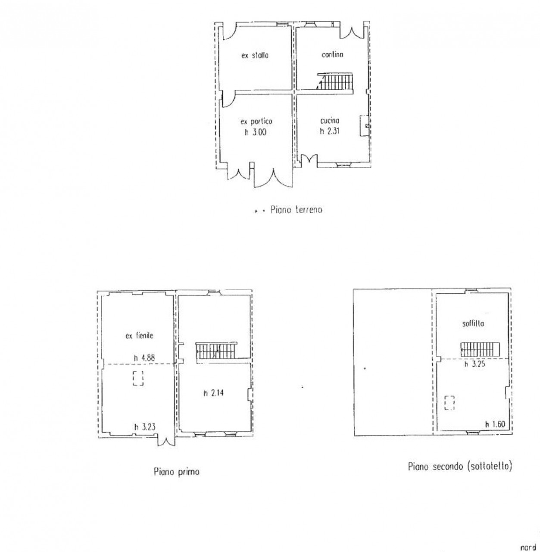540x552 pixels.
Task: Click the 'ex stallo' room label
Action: point(255,55)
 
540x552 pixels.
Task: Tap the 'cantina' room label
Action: point(332,54)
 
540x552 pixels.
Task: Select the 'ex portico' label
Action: point(256,122)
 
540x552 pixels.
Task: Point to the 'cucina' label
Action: point(330,121)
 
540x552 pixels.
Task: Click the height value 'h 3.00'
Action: point(256,132)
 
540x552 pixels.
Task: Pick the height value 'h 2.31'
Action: point(330,131)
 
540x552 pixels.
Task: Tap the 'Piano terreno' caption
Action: point(297,210)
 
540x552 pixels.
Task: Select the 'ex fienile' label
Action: point(139,336)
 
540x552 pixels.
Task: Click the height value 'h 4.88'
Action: point(144,358)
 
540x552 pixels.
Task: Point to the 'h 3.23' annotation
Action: point(145,427)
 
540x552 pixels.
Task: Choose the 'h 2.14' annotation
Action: point(214,393)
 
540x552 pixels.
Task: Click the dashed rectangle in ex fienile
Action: point(138,378)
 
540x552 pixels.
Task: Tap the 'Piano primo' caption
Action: point(177,471)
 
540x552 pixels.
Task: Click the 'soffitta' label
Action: point(473,324)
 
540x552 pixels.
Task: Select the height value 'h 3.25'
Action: point(475,364)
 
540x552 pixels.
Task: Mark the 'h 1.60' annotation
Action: point(495,424)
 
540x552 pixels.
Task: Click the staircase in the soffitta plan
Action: point(480,349)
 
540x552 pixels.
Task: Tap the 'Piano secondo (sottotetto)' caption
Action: point(460,467)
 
